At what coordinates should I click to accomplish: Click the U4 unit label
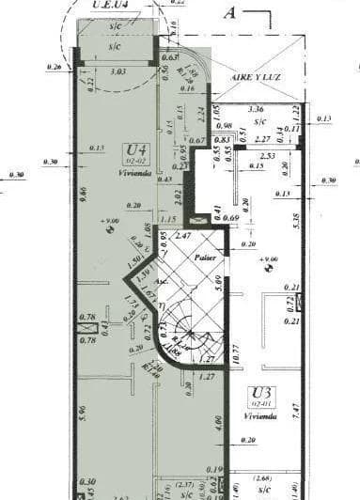pyautogui.click(x=135, y=148)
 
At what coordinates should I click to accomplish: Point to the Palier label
pyautogui.click(x=206, y=257)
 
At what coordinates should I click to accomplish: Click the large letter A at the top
pyautogui.click(x=229, y=13)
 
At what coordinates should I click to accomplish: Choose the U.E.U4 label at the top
pyautogui.click(x=111, y=7)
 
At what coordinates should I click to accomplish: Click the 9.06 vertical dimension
pyautogui.click(x=85, y=195)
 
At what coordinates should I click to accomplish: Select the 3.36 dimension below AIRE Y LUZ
pyautogui.click(x=255, y=109)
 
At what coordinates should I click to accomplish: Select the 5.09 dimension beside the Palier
pyautogui.click(x=217, y=278)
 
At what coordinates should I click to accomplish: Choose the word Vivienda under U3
pyautogui.click(x=260, y=415)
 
